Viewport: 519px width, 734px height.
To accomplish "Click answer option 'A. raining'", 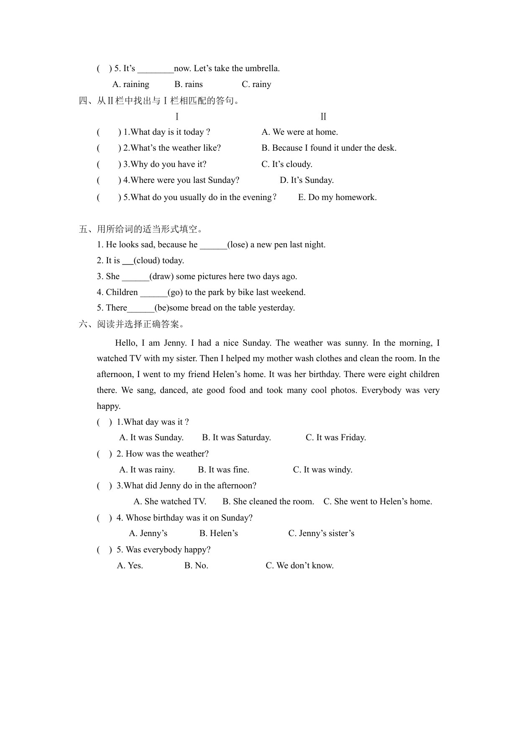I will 130,85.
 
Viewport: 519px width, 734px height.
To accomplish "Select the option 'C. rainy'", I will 256,85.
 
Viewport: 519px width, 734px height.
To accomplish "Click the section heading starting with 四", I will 159,101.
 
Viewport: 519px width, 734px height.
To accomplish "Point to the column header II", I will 323,117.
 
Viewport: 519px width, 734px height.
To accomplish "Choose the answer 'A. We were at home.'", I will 299,132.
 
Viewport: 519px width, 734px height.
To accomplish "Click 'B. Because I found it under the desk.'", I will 329,148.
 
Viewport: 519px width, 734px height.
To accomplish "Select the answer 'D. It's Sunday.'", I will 307,180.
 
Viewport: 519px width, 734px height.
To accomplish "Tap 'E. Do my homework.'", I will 337,198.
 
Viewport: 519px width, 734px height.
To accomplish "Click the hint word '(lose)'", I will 238,245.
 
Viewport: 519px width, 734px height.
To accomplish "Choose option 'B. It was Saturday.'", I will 236,438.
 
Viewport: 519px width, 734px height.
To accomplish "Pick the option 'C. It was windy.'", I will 322,470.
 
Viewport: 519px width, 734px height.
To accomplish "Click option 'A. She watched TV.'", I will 170,502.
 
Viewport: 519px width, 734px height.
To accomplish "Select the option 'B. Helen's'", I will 218,534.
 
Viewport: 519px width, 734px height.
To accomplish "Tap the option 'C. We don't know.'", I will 299,566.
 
